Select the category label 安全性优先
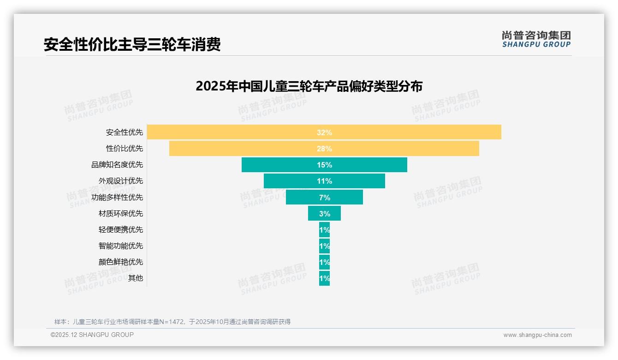[125, 132]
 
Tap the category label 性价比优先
[125, 149]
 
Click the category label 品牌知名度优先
[117, 165]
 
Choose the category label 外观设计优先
[121, 181]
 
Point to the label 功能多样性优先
[117, 198]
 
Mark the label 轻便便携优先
[121, 230]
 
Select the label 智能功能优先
[121, 246]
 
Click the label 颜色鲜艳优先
[121, 262]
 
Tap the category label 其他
[136, 278]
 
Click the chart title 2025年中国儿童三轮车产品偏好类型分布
[309, 86]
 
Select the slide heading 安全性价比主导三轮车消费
[132, 44]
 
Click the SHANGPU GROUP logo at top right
[536, 39]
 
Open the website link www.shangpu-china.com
[537, 335]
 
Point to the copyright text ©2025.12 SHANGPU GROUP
[92, 335]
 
